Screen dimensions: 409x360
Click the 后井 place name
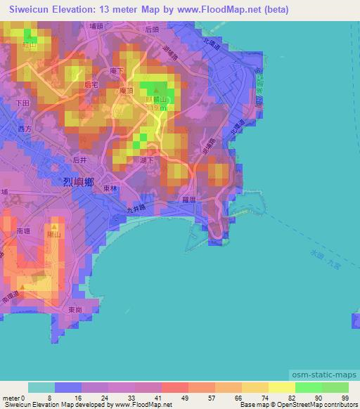click(x=79, y=160)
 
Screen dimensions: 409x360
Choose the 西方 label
click(x=25, y=129)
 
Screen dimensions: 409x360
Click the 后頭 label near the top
click(x=151, y=30)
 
